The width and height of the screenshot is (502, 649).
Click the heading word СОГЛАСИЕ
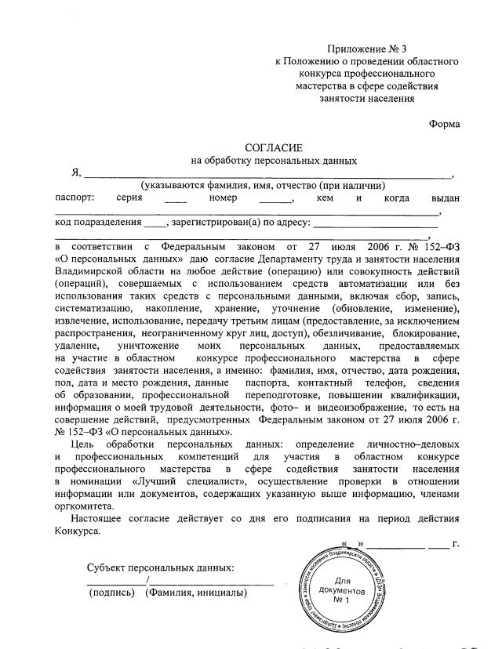[273, 147]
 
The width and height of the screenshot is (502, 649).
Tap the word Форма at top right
[445, 124]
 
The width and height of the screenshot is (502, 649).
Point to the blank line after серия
[175, 201]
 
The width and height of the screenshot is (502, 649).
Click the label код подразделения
[98, 223]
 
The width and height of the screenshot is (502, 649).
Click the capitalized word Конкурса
[78, 531]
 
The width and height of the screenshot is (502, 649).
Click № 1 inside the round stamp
[341, 600]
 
